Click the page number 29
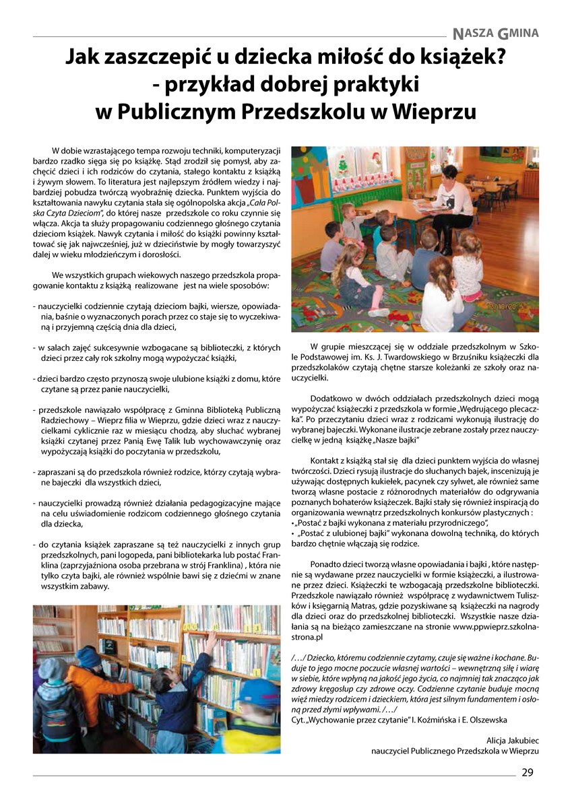(x=527, y=772)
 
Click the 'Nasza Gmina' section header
(x=496, y=32)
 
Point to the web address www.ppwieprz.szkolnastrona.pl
(x=495, y=625)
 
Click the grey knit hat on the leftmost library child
(x=53, y=669)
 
